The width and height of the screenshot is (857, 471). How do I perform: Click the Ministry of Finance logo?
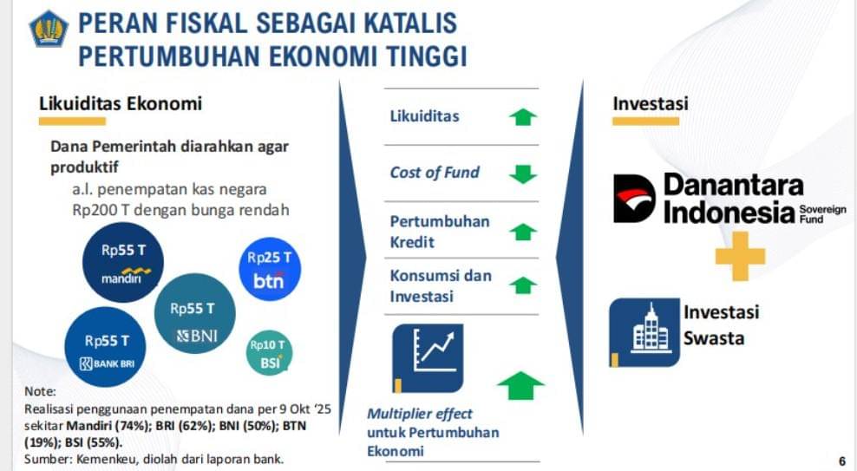point(49,28)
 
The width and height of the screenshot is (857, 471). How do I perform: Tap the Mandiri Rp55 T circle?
point(123,262)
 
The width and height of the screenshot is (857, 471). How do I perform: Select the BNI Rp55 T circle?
point(194,314)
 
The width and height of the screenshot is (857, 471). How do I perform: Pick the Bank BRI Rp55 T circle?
point(106,347)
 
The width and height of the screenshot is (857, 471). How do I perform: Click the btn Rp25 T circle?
point(270,269)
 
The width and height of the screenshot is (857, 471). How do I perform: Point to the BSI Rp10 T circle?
point(270,352)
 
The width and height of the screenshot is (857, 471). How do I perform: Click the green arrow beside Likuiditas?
point(523,117)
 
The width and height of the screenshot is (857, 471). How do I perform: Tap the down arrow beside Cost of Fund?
point(523,173)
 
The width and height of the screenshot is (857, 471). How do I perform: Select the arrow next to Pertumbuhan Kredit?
point(523,232)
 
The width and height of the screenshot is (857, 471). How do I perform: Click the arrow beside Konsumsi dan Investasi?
point(523,285)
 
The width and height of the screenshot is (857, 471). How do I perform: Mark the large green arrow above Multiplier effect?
point(520,385)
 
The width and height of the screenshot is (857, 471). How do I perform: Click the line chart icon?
point(428,358)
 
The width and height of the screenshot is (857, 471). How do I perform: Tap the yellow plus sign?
point(740,256)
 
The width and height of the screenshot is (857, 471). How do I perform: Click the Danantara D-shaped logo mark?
point(634,199)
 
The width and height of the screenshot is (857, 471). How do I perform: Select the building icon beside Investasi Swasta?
point(645,332)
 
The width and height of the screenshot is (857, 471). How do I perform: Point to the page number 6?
point(841,461)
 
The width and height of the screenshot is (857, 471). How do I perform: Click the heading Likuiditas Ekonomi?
point(121,103)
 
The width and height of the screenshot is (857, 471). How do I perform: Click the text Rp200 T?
point(101,210)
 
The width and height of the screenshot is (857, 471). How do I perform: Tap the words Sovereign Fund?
point(822,214)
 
